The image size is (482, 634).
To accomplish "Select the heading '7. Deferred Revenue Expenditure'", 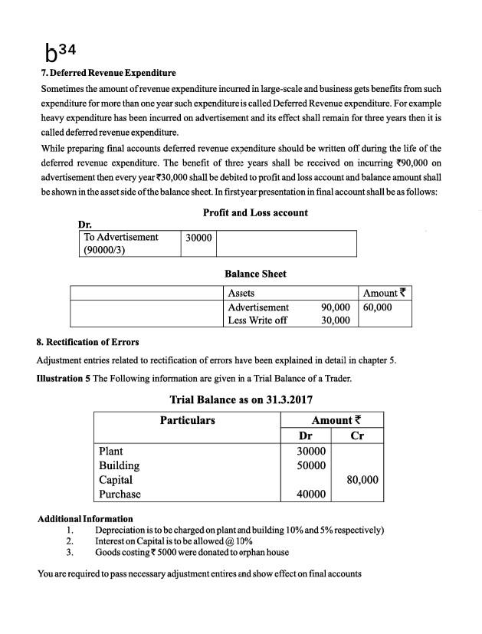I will [107, 74].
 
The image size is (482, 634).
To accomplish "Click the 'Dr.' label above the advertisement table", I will [85, 224].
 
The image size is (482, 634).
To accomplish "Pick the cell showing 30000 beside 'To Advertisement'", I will [198, 238].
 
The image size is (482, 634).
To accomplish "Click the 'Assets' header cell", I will [241, 293].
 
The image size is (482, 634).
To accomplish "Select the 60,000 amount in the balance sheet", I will [377, 307].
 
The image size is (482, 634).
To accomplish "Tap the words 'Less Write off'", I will [257, 320].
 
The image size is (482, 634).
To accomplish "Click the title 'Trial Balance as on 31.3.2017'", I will [241, 399].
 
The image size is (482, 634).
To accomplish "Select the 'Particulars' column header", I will [187, 420].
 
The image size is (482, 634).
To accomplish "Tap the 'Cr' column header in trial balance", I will [356, 435].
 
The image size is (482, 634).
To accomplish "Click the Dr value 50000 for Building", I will [312, 465].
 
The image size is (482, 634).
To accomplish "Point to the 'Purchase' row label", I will [120, 494].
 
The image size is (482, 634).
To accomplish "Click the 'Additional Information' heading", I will [85, 519].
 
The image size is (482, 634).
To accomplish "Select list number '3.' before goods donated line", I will [70, 551].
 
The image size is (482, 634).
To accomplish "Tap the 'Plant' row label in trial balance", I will [111, 451].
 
